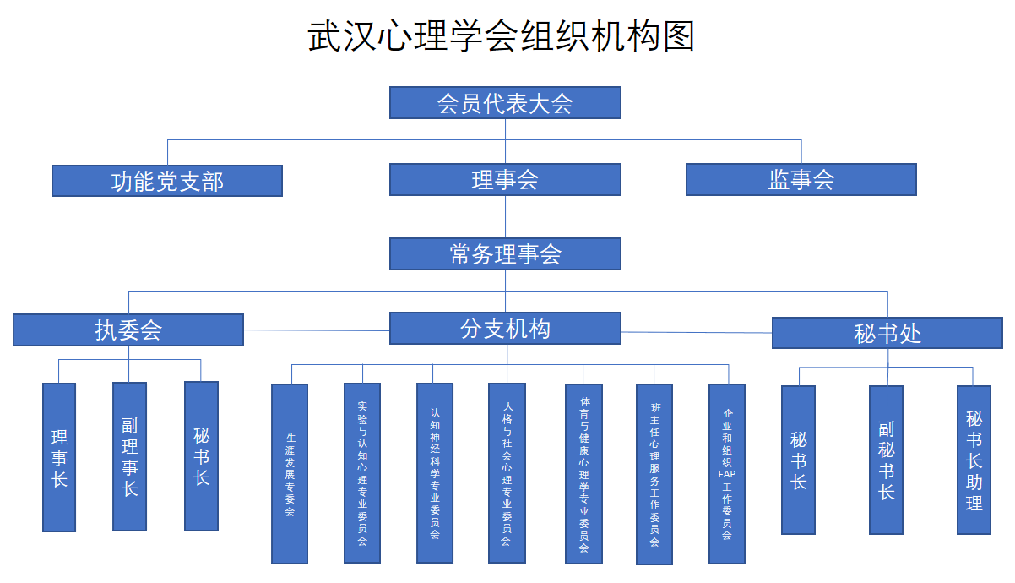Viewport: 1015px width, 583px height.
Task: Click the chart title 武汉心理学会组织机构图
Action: tap(502, 37)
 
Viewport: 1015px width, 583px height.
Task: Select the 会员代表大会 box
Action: tap(505, 103)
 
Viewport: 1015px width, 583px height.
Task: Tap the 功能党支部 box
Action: tap(167, 181)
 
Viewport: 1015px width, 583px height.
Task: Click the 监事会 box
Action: tap(801, 180)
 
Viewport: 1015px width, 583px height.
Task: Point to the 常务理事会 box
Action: tap(505, 253)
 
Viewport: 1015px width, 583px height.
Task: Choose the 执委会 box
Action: tap(128, 330)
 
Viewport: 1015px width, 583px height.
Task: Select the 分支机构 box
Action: tap(505, 328)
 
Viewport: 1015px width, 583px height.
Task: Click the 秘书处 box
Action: tap(887, 333)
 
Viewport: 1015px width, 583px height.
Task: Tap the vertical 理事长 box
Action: tap(59, 457)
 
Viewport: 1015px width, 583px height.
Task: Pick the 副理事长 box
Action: tap(129, 456)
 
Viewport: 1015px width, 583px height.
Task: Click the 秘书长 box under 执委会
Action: tap(201, 456)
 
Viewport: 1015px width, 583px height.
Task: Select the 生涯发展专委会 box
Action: tap(290, 473)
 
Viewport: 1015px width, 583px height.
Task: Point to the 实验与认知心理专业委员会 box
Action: tap(362, 472)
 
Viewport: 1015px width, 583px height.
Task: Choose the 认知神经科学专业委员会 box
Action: tap(435, 472)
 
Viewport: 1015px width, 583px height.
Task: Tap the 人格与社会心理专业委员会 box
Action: tap(507, 472)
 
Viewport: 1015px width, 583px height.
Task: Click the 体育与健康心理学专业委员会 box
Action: tap(583, 473)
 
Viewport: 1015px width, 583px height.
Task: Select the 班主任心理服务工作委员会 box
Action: tap(654, 474)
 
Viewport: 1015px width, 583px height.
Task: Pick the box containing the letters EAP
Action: tap(727, 473)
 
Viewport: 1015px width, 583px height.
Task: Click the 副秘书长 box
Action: tap(886, 460)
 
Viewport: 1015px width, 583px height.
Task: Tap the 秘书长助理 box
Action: tap(974, 460)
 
